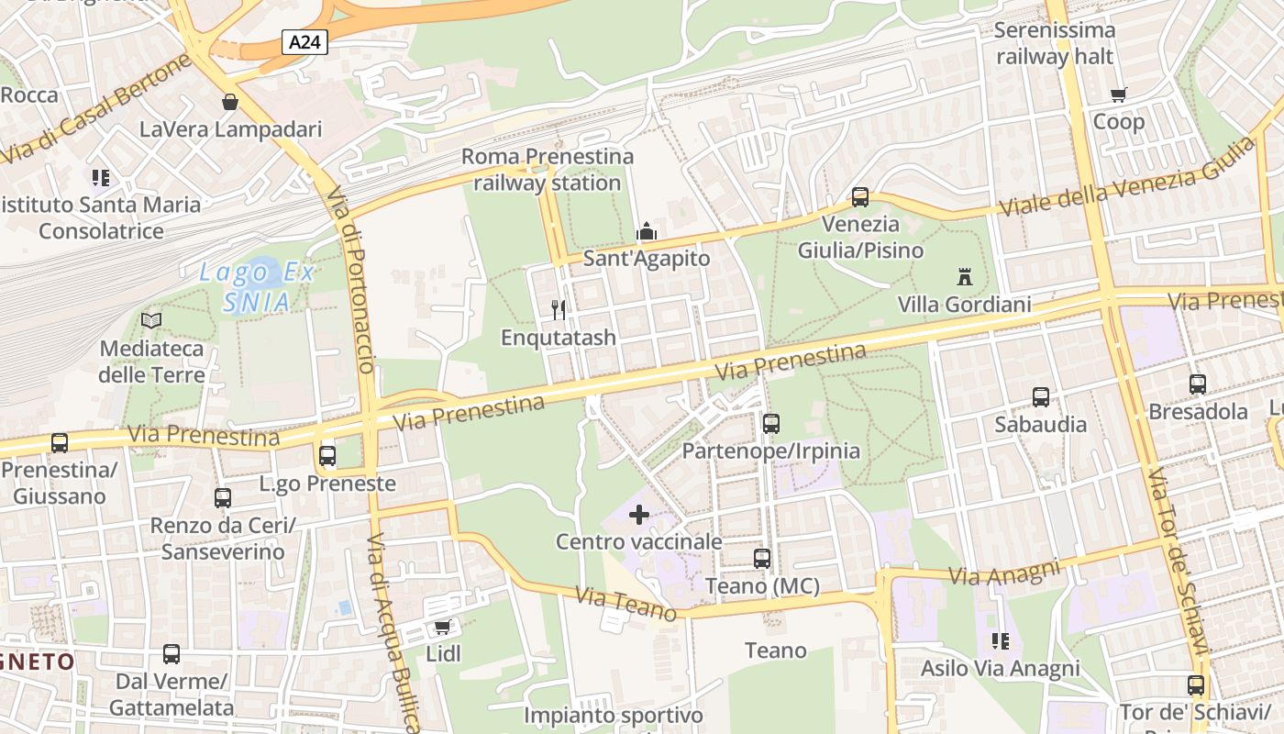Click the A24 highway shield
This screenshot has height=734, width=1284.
[305, 42]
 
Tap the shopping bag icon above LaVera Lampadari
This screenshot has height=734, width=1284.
[229, 102]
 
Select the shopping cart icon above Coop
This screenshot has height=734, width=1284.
[1119, 95]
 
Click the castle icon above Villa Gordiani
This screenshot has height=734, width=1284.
[964, 276]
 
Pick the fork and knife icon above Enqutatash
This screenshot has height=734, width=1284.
[559, 310]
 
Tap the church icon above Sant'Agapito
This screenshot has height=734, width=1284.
[647, 231]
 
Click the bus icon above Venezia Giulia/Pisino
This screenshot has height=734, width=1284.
[860, 196]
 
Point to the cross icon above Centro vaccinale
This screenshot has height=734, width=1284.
[639, 515]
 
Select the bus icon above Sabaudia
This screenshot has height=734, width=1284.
[1041, 397]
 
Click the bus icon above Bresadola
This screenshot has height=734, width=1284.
[1198, 384]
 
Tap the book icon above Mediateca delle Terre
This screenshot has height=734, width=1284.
[151, 321]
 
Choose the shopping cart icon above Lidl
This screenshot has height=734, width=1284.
[443, 628]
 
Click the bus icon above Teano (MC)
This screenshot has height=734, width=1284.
[762, 558]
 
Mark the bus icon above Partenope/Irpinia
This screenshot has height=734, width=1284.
[771, 424]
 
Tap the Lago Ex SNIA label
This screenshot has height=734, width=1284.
[258, 286]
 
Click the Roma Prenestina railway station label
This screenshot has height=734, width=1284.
[548, 170]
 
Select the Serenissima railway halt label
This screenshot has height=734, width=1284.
[1055, 43]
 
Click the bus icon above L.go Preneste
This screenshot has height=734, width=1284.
[327, 456]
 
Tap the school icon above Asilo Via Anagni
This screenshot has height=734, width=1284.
[1001, 641]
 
